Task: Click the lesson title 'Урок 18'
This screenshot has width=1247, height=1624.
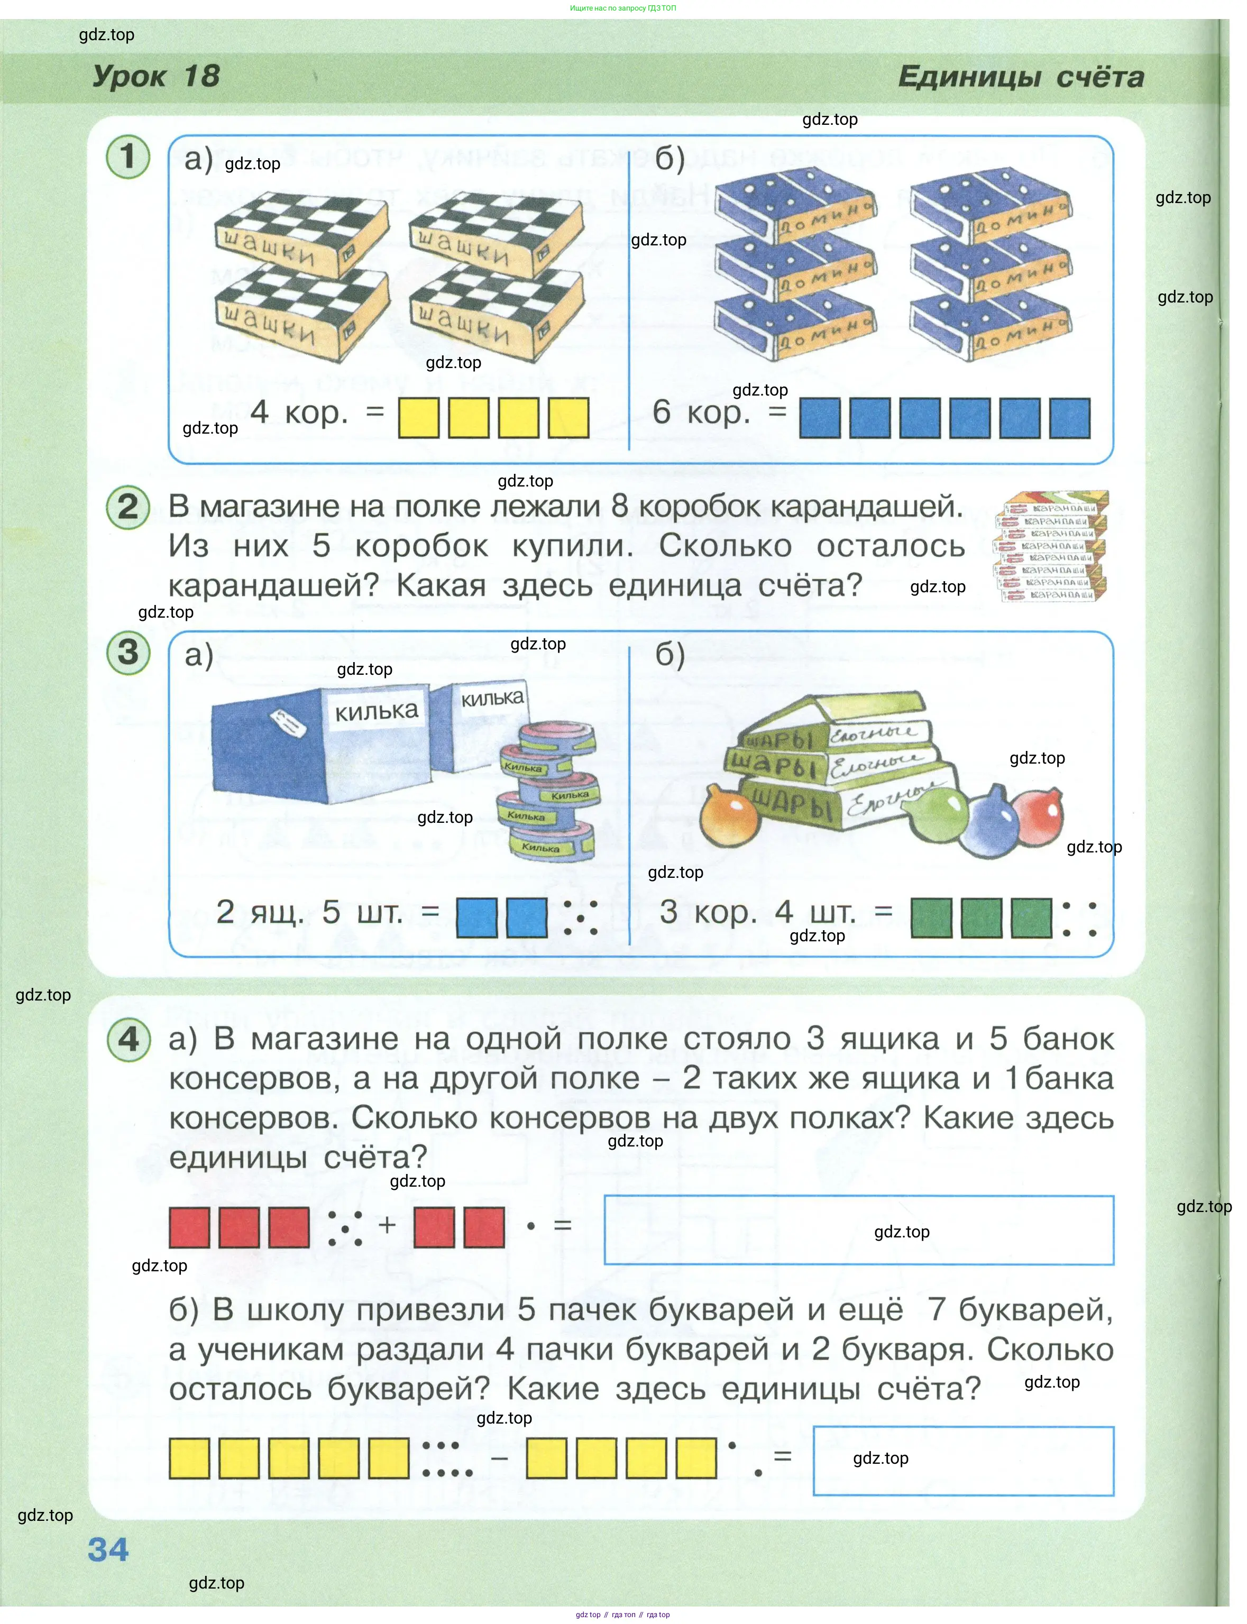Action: pyautogui.click(x=156, y=76)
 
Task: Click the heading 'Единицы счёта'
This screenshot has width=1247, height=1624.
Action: pyautogui.click(x=1021, y=77)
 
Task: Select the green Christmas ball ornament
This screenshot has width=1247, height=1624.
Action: pyautogui.click(x=942, y=815)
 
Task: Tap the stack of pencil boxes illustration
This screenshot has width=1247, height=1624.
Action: pyautogui.click(x=1051, y=546)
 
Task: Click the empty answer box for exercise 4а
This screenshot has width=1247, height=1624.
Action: pyautogui.click(x=859, y=1230)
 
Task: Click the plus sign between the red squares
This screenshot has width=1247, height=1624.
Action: pyautogui.click(x=387, y=1224)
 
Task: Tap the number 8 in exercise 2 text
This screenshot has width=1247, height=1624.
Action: pyautogui.click(x=620, y=506)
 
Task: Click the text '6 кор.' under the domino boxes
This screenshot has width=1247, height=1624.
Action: pyautogui.click(x=701, y=412)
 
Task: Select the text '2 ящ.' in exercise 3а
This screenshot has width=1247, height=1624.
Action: pyautogui.click(x=259, y=912)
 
